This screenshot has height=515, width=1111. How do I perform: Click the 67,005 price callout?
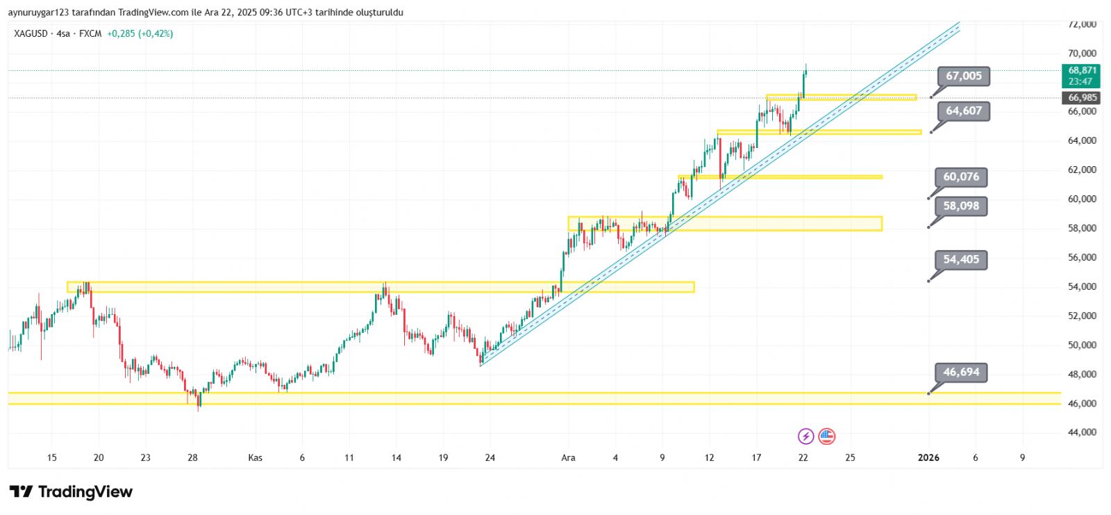964,76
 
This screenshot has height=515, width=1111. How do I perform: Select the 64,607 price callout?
964,111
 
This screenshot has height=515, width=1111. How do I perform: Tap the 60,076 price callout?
961,177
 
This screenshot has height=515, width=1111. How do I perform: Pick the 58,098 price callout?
961,206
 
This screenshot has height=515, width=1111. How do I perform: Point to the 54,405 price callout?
961,260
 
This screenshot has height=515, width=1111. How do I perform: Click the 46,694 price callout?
961,373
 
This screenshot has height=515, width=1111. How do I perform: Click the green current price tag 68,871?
1081,75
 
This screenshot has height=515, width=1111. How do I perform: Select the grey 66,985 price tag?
1082,98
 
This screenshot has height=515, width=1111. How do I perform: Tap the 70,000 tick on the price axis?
1082,54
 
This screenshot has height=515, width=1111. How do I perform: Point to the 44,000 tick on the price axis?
1082,432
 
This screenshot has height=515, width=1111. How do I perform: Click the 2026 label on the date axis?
928,457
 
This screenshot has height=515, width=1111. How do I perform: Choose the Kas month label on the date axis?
255,457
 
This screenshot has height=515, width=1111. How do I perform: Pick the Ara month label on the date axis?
568,457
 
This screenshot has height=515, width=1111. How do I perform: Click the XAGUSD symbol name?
31,33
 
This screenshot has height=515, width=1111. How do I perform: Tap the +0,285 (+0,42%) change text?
140,33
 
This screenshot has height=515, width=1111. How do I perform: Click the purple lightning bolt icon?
805,436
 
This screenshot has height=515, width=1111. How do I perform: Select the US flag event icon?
826,436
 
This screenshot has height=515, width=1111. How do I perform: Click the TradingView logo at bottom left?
71,492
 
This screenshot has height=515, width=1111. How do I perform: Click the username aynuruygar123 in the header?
36,13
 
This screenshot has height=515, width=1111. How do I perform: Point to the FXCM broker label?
90,33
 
